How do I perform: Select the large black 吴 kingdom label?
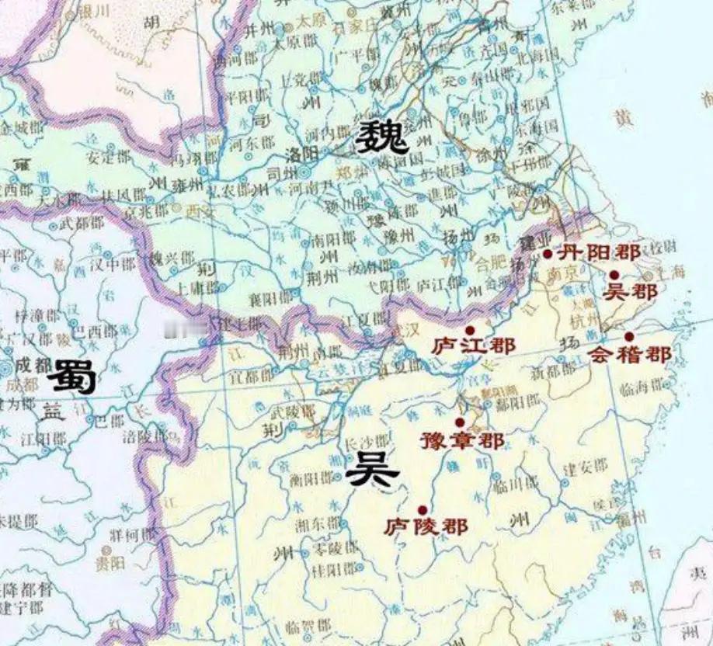(x=373, y=469)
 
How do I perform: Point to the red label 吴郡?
(x=629, y=292)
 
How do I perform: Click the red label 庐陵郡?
(x=426, y=526)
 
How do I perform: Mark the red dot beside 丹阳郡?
(x=548, y=254)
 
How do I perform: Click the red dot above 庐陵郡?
(x=422, y=509)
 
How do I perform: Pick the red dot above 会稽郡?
(x=628, y=336)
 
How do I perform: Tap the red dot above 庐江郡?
(x=469, y=330)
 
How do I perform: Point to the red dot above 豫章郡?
(x=460, y=422)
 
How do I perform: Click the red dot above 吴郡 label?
(x=614, y=275)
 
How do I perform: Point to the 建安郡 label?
(x=580, y=469)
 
